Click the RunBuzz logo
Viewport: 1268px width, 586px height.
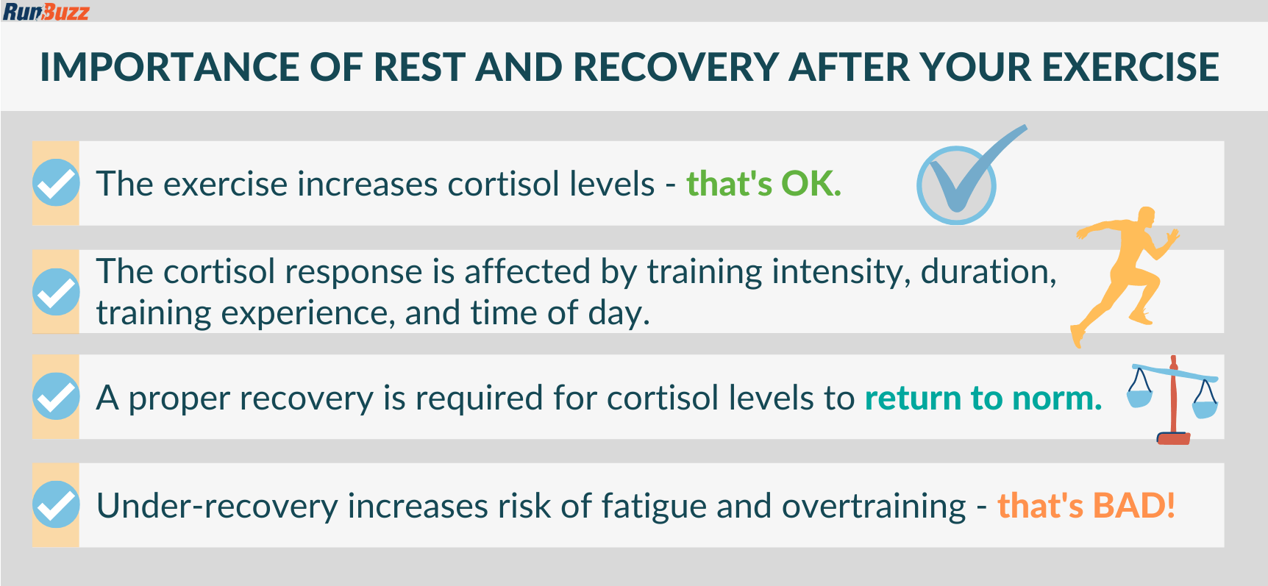click(x=46, y=12)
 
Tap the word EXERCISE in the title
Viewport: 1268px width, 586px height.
click(x=1130, y=68)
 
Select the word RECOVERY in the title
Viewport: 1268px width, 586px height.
click(x=676, y=68)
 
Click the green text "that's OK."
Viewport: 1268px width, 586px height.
click(x=763, y=184)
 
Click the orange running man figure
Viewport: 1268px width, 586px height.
click(x=1124, y=276)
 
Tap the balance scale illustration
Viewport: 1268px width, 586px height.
click(x=1172, y=400)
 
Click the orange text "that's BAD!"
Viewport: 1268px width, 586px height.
click(x=1086, y=506)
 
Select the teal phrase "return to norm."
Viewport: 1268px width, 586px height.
click(x=983, y=398)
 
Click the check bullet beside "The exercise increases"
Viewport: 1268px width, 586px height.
click(x=56, y=183)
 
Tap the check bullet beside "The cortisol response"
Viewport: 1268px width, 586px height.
click(x=56, y=292)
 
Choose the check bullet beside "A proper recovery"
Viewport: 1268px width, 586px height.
click(x=56, y=396)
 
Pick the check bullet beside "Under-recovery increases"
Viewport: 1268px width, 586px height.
click(x=56, y=504)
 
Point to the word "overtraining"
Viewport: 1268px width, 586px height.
click(x=874, y=507)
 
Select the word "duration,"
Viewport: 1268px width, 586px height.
click(x=989, y=273)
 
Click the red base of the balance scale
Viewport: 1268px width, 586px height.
click(x=1173, y=439)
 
